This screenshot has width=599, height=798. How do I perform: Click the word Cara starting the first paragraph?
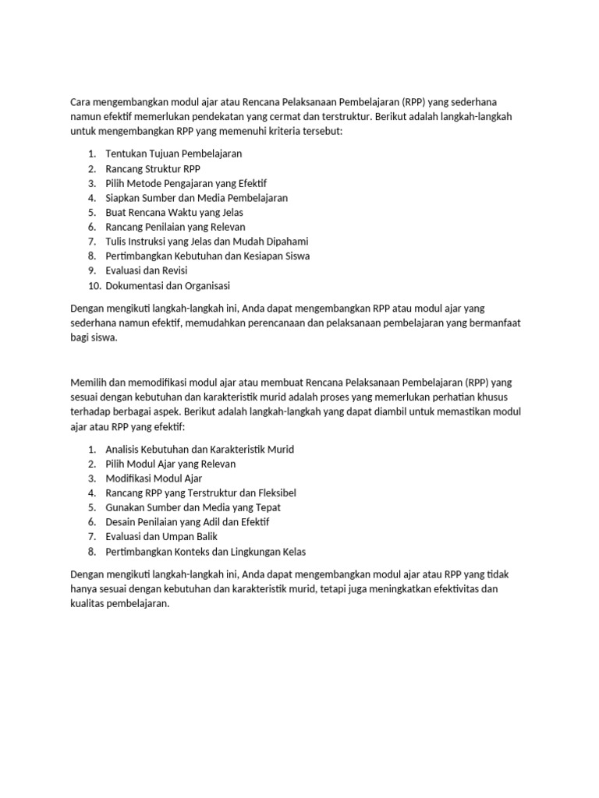pyautogui.click(x=81, y=102)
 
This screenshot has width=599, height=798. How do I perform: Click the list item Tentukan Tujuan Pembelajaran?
pyautogui.click(x=174, y=154)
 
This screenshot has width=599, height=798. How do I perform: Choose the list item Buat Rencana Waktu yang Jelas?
pyautogui.click(x=175, y=212)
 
